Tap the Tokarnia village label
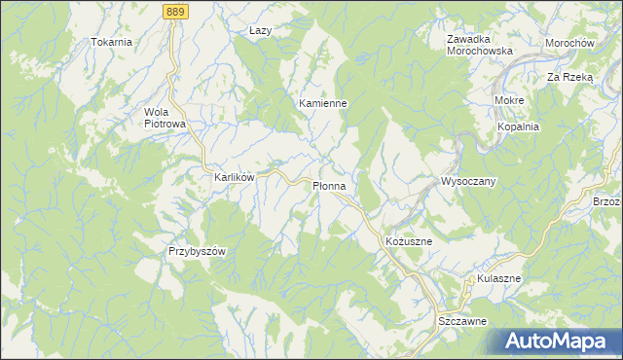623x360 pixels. click(111, 43)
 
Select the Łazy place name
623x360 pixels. click(260, 30)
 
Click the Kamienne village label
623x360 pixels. click(323, 102)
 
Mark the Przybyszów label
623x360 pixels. click(197, 251)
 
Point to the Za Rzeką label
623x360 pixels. click(569, 76)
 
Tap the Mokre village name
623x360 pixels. click(509, 100)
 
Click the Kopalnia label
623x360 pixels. click(518, 126)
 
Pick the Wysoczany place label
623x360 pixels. click(469, 182)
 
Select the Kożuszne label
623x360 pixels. click(401, 238)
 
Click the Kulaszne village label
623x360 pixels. click(499, 278)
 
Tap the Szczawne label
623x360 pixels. click(462, 320)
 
